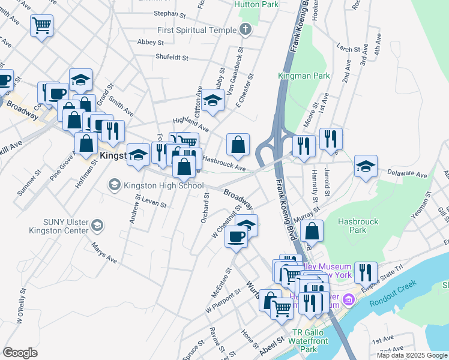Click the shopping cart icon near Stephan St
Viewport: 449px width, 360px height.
[42, 25]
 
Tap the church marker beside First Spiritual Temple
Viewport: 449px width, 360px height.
[245, 29]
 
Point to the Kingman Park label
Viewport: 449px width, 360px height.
[295, 76]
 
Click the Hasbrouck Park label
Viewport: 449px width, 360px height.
[358, 226]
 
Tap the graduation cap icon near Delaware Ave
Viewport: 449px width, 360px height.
[366, 166]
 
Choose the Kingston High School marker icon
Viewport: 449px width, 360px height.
[113, 185]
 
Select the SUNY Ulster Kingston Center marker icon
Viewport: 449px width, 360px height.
[97, 226]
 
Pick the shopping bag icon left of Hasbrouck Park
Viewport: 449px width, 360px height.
[312, 230]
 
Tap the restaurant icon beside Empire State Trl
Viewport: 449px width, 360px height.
[365, 272]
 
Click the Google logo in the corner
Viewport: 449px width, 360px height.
[20, 353]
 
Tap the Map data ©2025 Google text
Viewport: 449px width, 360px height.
[411, 355]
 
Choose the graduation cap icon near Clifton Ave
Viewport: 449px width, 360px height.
[212, 100]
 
